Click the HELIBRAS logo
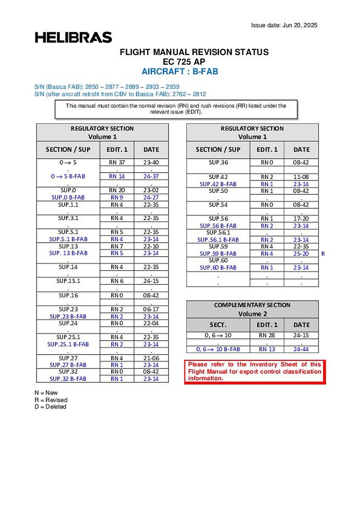coord(73,37)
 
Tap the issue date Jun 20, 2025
coord(284,25)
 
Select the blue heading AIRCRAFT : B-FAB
coord(180,71)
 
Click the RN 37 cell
coord(117,162)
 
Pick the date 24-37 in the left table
coord(151,176)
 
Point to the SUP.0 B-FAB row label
coord(68,197)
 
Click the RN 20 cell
coord(117,190)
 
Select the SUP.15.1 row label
coord(68,281)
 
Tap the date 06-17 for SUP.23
coord(151,309)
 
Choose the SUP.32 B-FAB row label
coord(68,379)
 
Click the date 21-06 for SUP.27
coord(151,358)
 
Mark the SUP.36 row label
coord(218,162)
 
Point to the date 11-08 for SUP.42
coord(301,176)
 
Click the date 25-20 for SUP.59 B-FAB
coord(301,254)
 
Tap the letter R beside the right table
coord(323,254)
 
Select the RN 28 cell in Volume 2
coord(267,335)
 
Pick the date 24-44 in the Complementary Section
coord(301,349)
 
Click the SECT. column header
coord(218,325)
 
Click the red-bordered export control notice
coord(255,371)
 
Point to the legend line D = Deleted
coord(51,407)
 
